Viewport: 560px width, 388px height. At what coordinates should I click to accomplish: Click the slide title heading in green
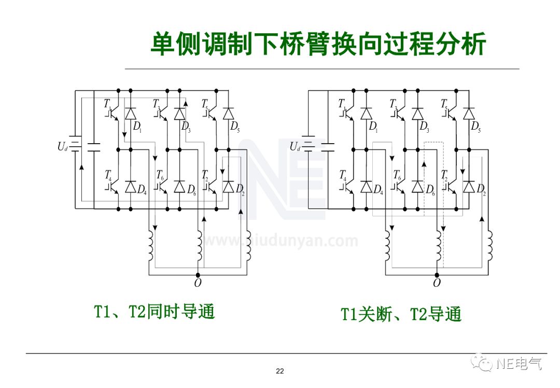click(318, 44)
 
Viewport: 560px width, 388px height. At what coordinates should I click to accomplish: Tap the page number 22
click(280, 371)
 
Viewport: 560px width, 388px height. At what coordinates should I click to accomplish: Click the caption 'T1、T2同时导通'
click(154, 312)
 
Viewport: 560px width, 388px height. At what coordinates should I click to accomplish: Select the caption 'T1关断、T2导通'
click(401, 314)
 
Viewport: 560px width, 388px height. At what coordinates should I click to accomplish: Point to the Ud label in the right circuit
click(295, 147)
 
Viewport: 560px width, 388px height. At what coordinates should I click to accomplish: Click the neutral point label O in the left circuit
click(197, 283)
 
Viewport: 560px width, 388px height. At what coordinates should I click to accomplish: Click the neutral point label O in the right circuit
click(437, 283)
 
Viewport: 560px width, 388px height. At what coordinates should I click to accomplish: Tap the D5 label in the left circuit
click(235, 127)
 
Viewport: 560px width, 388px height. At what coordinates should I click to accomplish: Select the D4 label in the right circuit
click(378, 190)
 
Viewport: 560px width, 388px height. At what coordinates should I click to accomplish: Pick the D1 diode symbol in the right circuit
click(367, 113)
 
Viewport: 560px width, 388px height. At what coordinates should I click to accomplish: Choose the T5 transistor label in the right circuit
click(445, 104)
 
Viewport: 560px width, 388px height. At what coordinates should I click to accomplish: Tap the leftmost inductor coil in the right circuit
click(388, 246)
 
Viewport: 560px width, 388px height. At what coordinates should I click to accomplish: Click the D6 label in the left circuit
click(191, 190)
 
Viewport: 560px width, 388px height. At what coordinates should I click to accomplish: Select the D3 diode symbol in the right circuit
click(417, 113)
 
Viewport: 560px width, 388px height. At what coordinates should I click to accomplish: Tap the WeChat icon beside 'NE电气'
click(485, 363)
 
